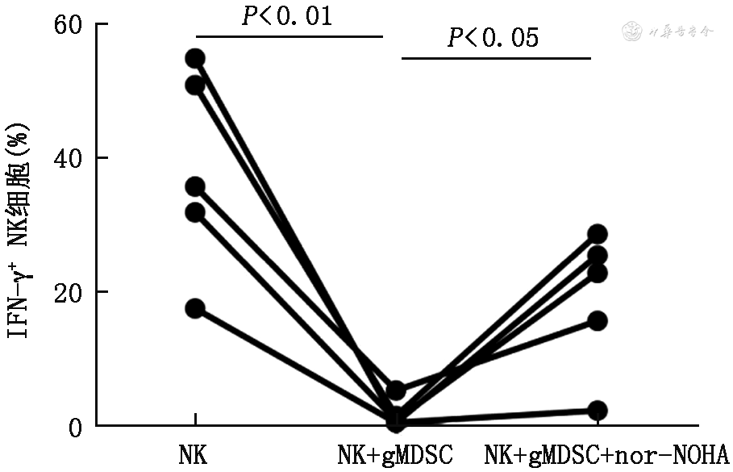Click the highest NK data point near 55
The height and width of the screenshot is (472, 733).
pos(195,58)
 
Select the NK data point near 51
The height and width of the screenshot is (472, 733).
pos(195,85)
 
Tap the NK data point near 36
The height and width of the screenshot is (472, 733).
pos(195,186)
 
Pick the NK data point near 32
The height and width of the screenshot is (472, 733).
pos(195,212)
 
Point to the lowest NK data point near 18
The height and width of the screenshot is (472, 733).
pos(195,308)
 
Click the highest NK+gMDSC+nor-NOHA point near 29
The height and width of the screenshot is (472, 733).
pos(597,234)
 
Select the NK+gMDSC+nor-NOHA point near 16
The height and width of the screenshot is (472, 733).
pos(597,320)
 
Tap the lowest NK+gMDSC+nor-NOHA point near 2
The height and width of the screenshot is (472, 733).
pos(597,410)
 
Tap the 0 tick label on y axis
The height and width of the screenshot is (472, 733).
pos(75,425)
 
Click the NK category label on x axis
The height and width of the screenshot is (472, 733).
pos(193,454)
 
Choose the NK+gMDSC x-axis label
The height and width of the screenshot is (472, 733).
pos(396,454)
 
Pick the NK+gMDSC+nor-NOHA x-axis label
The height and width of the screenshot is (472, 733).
pos(606,454)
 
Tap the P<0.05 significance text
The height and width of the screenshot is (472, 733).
pos(493,38)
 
